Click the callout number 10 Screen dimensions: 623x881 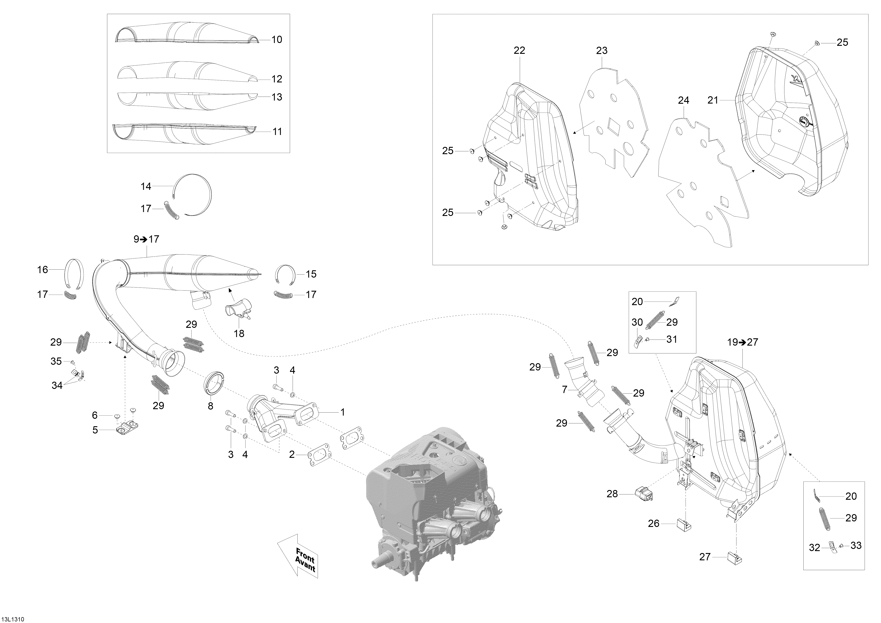point(277,39)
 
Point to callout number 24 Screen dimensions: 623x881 point(683,101)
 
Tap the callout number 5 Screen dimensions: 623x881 point(95,430)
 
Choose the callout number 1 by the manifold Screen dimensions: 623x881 point(342,412)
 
